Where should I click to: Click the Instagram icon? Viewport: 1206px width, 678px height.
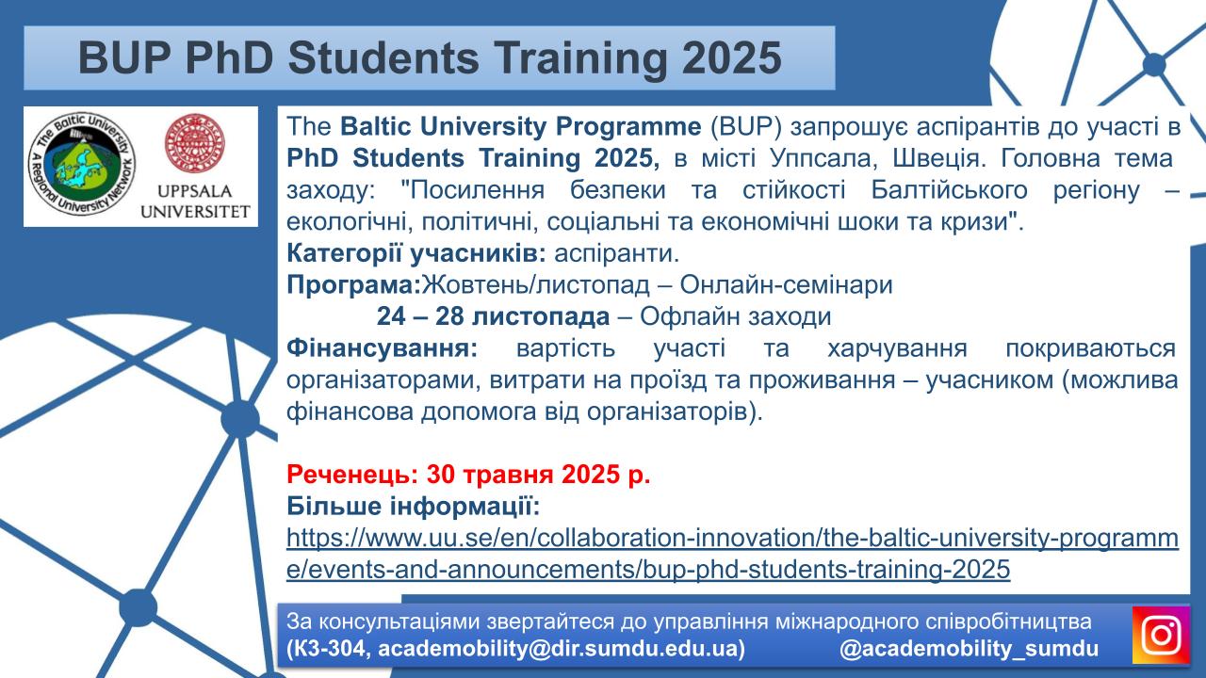coord(1161,635)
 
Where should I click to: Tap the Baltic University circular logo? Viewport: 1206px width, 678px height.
coord(82,165)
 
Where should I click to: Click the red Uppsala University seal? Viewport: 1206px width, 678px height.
coord(194,142)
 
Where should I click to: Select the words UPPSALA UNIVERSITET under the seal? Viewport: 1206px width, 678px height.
coord(195,202)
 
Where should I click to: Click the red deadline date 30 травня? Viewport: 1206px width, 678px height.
coord(490,474)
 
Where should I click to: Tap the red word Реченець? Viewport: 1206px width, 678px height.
coord(352,474)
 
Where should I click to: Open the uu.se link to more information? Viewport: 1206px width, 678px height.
coord(732,553)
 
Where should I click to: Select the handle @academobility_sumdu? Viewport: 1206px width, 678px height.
coord(970,649)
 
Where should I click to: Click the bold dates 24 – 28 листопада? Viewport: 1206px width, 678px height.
coord(493,316)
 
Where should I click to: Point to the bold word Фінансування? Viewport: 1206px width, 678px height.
coord(382,348)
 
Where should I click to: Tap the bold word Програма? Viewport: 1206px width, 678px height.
coord(353,285)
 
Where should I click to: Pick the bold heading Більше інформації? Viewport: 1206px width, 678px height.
coord(413,506)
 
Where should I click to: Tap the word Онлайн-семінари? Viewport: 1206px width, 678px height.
coord(786,285)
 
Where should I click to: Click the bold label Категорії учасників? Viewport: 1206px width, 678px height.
coord(416,253)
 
